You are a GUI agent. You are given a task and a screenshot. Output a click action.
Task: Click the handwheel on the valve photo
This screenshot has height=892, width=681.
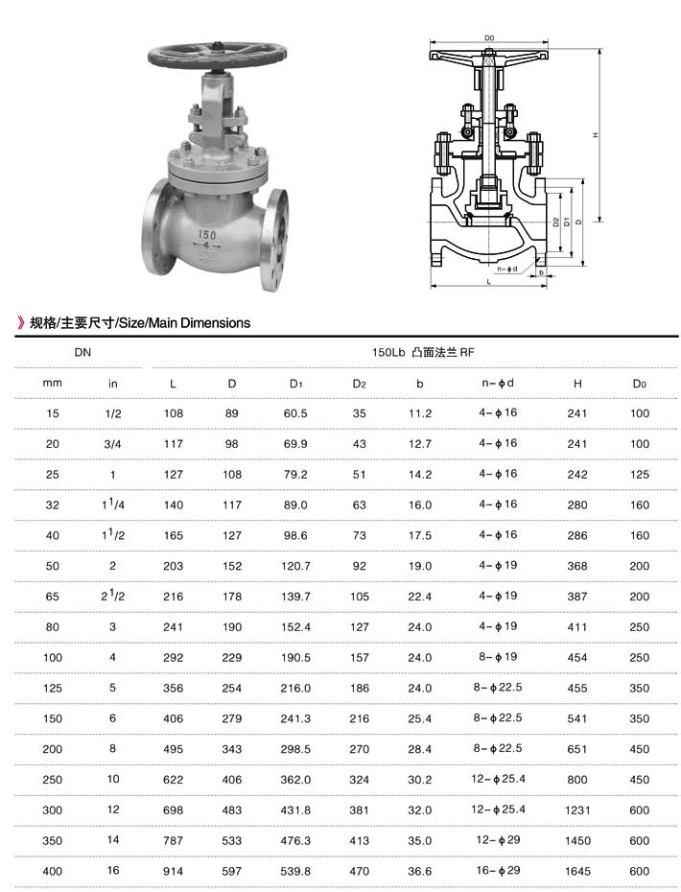(217, 57)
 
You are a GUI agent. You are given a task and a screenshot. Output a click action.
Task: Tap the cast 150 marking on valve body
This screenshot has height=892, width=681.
(207, 234)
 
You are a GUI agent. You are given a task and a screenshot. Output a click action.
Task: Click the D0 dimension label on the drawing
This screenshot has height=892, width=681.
(489, 38)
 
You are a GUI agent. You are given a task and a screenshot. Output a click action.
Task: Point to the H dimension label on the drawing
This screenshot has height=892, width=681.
(595, 135)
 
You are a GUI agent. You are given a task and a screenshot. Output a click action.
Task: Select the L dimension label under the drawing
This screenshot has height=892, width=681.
(489, 282)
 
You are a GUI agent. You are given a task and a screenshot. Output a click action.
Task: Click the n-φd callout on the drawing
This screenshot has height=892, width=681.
(506, 269)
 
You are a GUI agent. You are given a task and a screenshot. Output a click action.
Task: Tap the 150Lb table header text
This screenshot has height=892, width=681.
(388, 352)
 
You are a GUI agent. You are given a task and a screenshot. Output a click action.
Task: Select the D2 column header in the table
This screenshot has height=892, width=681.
(359, 384)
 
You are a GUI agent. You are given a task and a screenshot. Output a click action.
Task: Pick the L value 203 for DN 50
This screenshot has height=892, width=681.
(173, 566)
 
